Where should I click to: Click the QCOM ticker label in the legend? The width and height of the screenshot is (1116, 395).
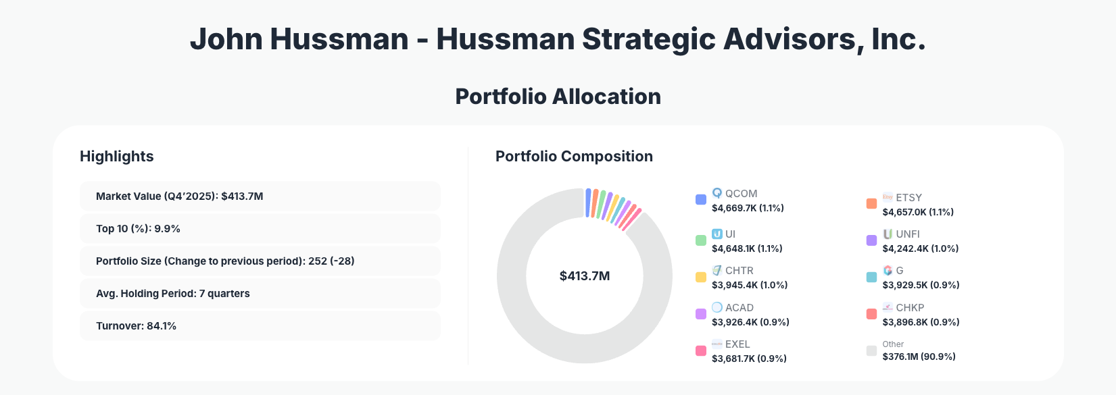pyautogui.click(x=741, y=194)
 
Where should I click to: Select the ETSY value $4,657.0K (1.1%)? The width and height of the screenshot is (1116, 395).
pyautogui.click(x=917, y=212)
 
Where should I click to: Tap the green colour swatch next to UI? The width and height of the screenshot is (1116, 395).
pyautogui.click(x=701, y=240)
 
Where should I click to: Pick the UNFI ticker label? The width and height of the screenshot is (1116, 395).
pyautogui.click(x=907, y=234)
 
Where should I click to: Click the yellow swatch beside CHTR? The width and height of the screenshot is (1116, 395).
pyautogui.click(x=701, y=277)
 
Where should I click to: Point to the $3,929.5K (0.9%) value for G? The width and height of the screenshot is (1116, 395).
pyautogui.click(x=921, y=285)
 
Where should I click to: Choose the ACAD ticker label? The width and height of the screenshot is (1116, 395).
pyautogui.click(x=739, y=308)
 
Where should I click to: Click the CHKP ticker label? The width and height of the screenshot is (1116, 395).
pyautogui.click(x=910, y=308)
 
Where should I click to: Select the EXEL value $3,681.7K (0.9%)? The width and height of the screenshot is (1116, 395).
pyautogui.click(x=749, y=359)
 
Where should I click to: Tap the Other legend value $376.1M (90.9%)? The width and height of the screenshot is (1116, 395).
pyautogui.click(x=919, y=357)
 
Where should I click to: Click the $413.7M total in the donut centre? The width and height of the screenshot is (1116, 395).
pyautogui.click(x=585, y=276)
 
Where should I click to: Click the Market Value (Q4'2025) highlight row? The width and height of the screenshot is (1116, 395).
pyautogui.click(x=260, y=196)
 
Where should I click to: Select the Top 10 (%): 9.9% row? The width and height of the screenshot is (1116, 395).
pyautogui.click(x=260, y=229)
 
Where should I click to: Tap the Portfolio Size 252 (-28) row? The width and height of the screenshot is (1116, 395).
pyautogui.click(x=260, y=261)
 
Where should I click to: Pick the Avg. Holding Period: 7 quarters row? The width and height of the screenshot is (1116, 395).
pyautogui.click(x=260, y=294)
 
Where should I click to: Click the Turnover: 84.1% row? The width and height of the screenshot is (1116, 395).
pyautogui.click(x=260, y=326)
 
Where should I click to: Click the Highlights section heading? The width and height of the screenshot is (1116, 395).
pyautogui.click(x=117, y=157)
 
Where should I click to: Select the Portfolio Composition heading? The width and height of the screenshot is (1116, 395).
pyautogui.click(x=574, y=157)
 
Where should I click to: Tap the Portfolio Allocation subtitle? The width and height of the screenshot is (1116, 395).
pyautogui.click(x=558, y=97)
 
